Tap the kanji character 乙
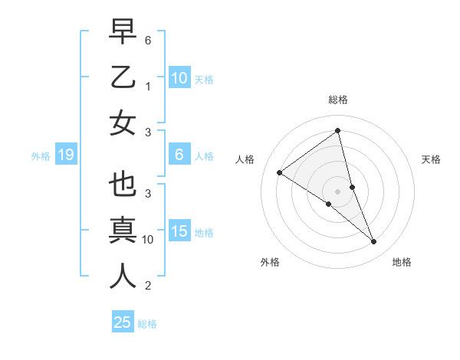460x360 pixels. (123, 78)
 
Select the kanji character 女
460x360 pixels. (123, 123)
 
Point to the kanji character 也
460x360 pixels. (123, 186)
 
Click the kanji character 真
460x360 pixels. (123, 231)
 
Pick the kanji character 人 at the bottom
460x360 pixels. (123, 277)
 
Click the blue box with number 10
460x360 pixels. (179, 78)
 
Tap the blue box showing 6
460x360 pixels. (179, 155)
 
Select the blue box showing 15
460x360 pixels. (179, 231)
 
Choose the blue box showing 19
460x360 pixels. (65, 155)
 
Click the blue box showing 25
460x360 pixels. (123, 322)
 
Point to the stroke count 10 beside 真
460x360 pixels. (148, 240)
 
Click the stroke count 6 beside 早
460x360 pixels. (148, 39)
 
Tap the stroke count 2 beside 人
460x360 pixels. (148, 286)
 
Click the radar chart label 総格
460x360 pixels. (338, 100)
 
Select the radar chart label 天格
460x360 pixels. (431, 159)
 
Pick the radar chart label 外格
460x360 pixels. (270, 262)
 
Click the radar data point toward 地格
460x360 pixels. (374, 242)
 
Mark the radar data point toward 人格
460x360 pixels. (280, 172)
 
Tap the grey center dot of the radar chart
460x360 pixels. (338, 191)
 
